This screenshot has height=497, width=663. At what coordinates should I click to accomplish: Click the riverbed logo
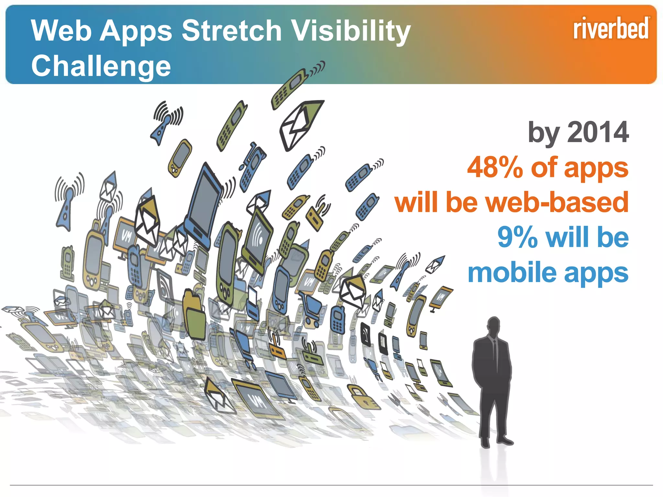611,29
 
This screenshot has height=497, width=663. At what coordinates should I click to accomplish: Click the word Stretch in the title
231,31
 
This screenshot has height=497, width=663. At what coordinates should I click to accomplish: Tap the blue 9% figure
517,237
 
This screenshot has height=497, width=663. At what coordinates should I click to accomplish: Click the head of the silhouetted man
494,326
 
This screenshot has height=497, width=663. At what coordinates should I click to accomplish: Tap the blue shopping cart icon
311,307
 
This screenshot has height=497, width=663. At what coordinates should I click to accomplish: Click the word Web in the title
61,31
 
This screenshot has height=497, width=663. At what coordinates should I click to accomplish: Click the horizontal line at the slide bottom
331,485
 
